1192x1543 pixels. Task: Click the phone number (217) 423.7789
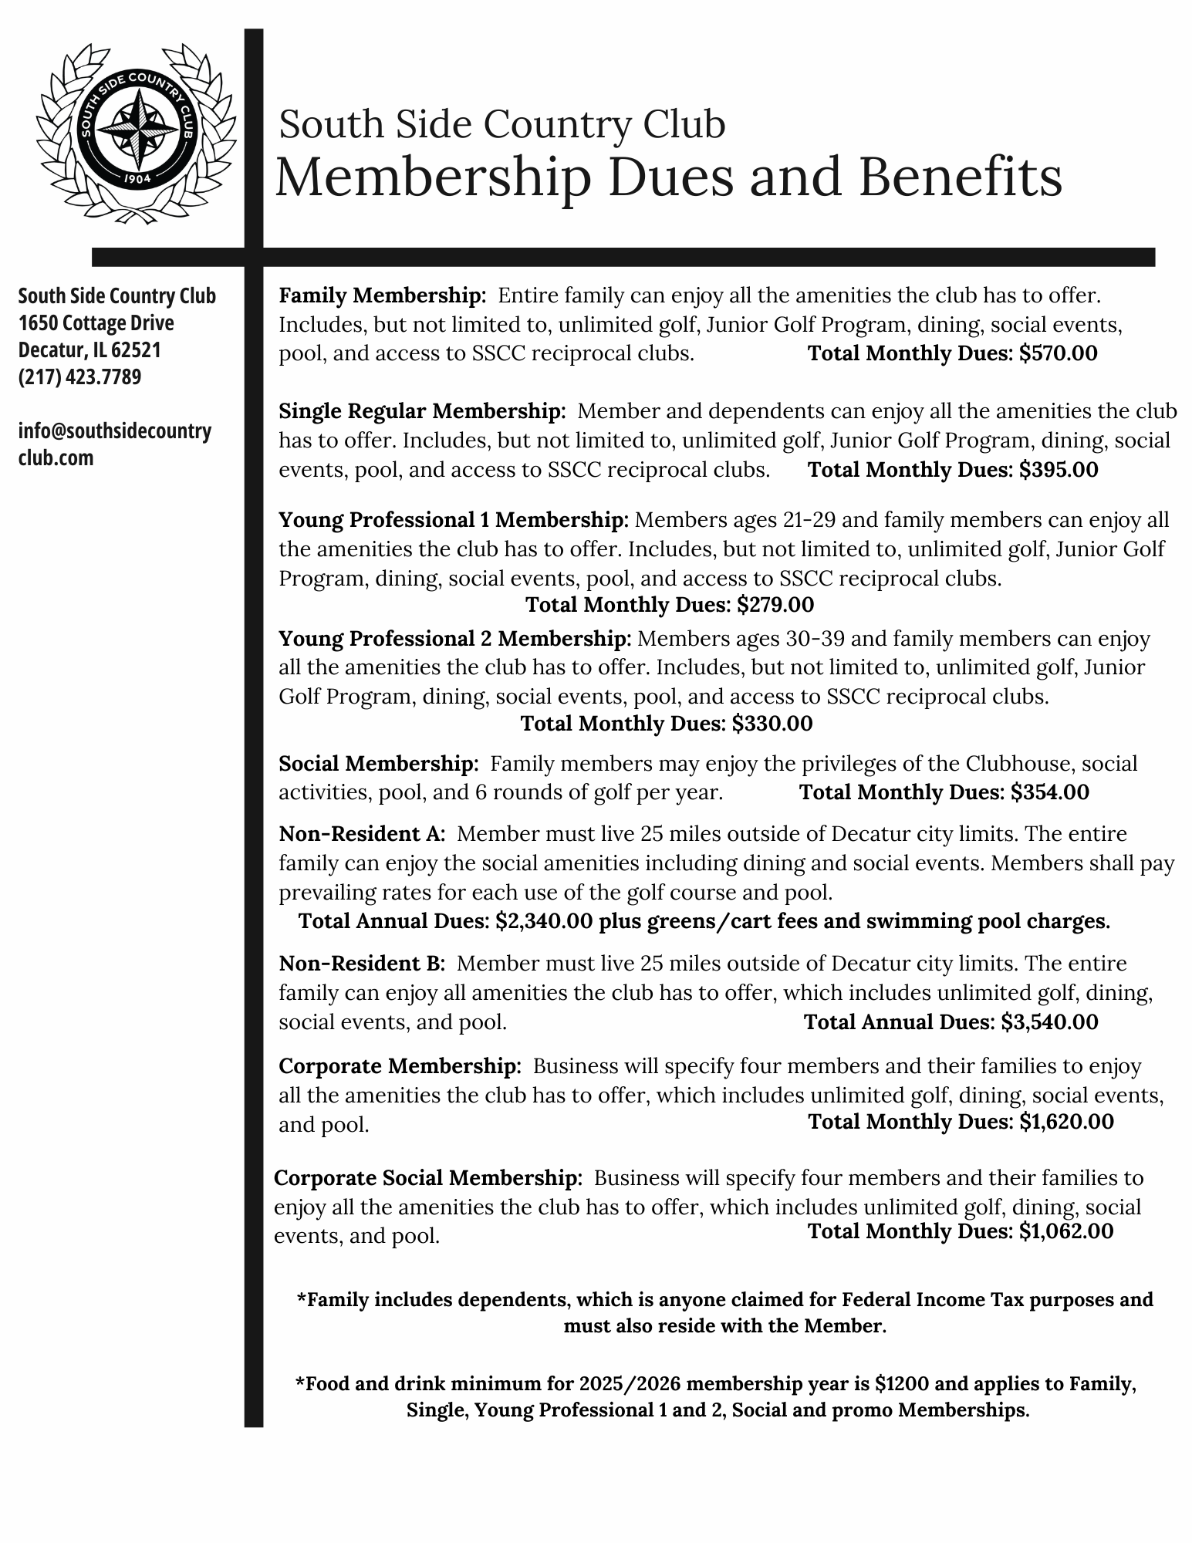coord(80,377)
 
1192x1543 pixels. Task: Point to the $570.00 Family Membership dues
coord(1058,353)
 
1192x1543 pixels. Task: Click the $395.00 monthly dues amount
coord(1059,470)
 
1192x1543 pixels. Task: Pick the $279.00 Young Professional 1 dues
coord(775,605)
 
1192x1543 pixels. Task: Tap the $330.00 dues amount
coord(772,724)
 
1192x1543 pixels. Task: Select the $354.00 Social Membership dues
coord(1050,792)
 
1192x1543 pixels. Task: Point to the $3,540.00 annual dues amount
coord(1049,1022)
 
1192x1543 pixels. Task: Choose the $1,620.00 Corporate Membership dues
coord(1066,1122)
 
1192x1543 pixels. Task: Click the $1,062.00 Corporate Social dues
coord(1066,1231)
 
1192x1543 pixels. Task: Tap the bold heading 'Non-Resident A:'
coord(362,834)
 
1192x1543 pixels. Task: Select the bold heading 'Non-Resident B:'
coord(362,964)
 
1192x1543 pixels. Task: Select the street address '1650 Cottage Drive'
coord(96,323)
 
